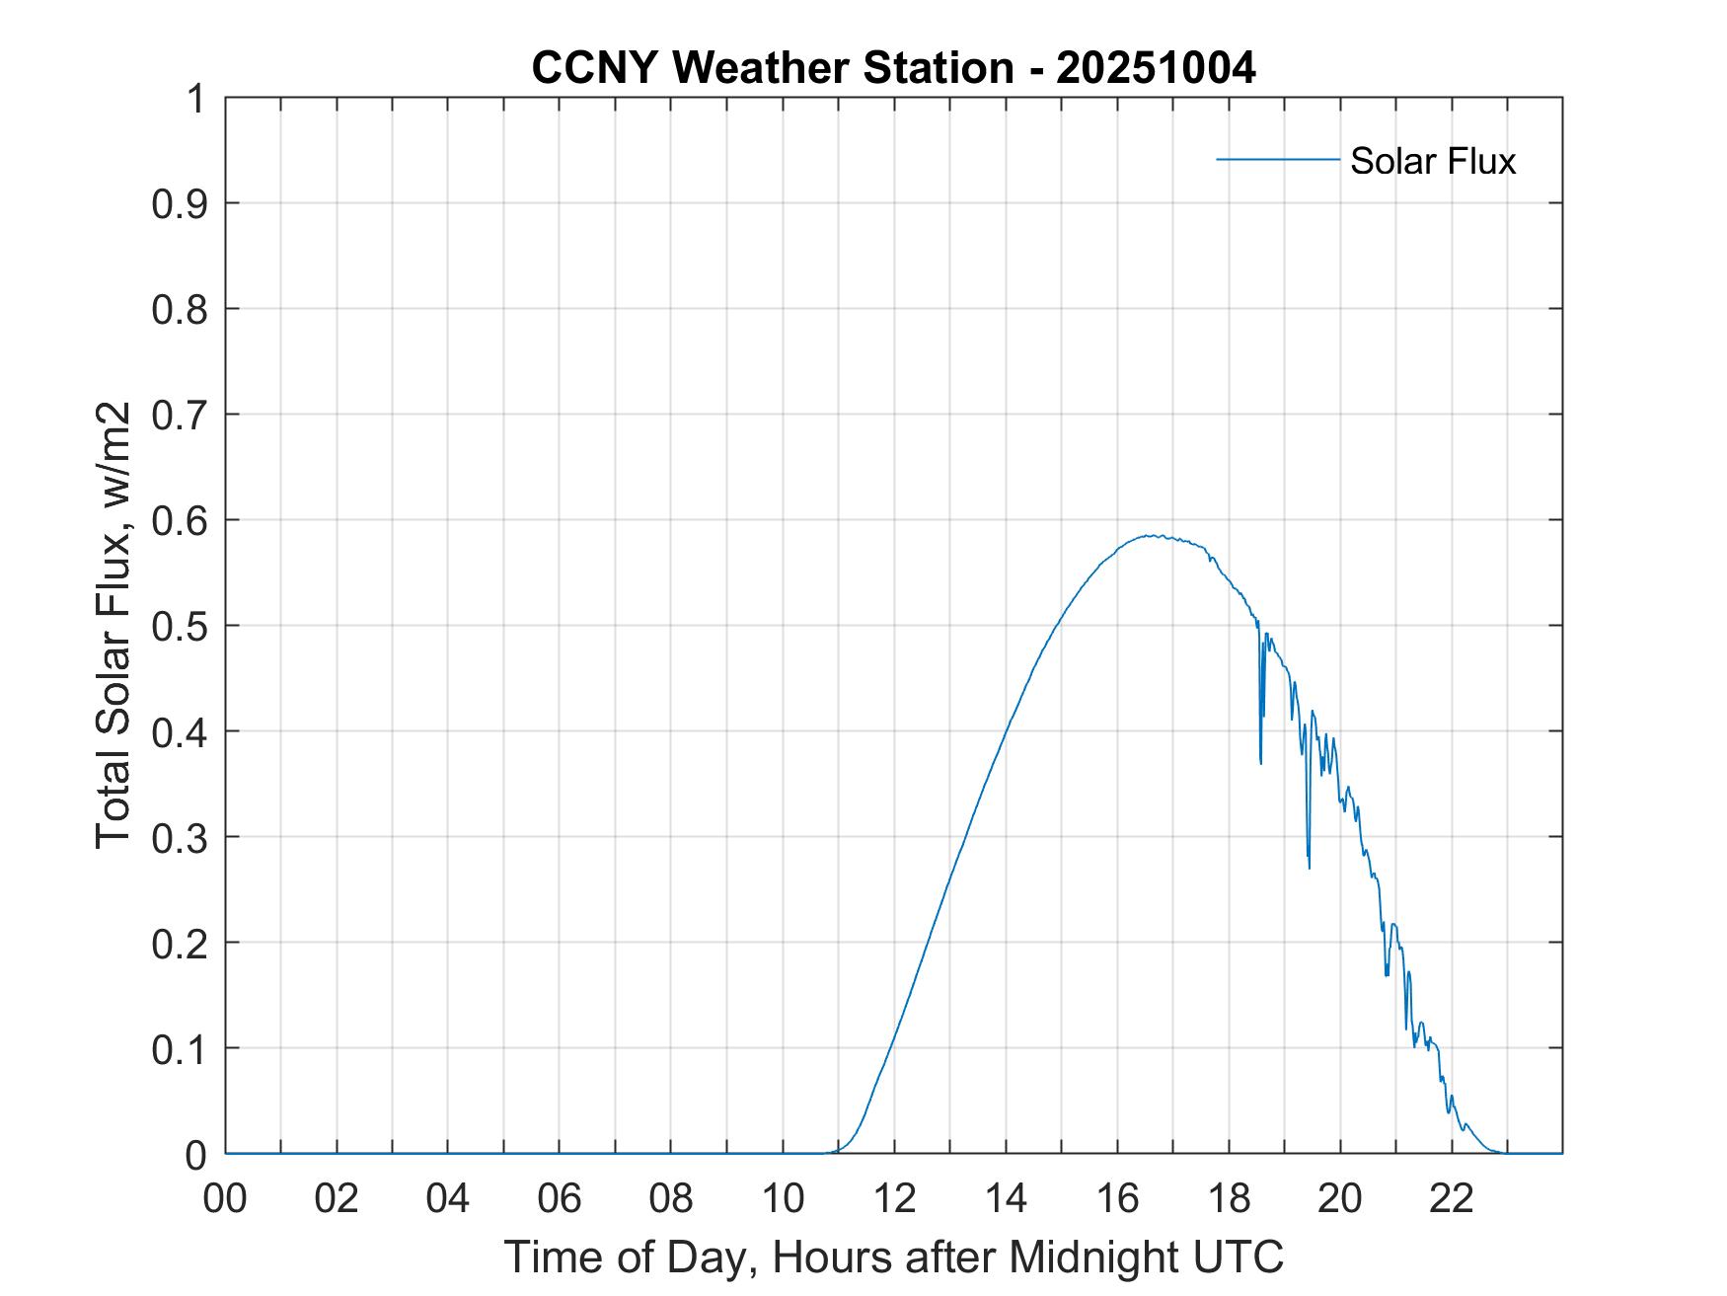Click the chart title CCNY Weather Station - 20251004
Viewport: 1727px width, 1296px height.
(893, 68)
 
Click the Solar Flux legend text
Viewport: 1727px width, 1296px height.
(1432, 161)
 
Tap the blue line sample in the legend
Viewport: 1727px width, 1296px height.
(1278, 159)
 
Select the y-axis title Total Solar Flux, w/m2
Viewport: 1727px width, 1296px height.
(114, 626)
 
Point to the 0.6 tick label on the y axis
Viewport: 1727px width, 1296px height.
(183, 520)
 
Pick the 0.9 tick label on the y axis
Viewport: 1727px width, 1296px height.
(183, 203)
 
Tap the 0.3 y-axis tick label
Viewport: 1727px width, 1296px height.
(183, 837)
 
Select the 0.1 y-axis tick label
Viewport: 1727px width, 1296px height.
(183, 1048)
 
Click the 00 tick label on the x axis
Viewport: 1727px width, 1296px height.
(225, 1198)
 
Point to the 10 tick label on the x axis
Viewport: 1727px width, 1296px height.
(783, 1198)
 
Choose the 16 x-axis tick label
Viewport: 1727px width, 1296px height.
(1117, 1198)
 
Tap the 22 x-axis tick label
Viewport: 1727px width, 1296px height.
(1452, 1198)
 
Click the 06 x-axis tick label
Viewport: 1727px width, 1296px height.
(560, 1198)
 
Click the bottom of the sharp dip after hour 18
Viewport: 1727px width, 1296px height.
(1260, 763)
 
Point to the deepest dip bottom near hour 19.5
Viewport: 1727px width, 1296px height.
(1310, 868)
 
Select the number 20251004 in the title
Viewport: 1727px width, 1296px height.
(1156, 68)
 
